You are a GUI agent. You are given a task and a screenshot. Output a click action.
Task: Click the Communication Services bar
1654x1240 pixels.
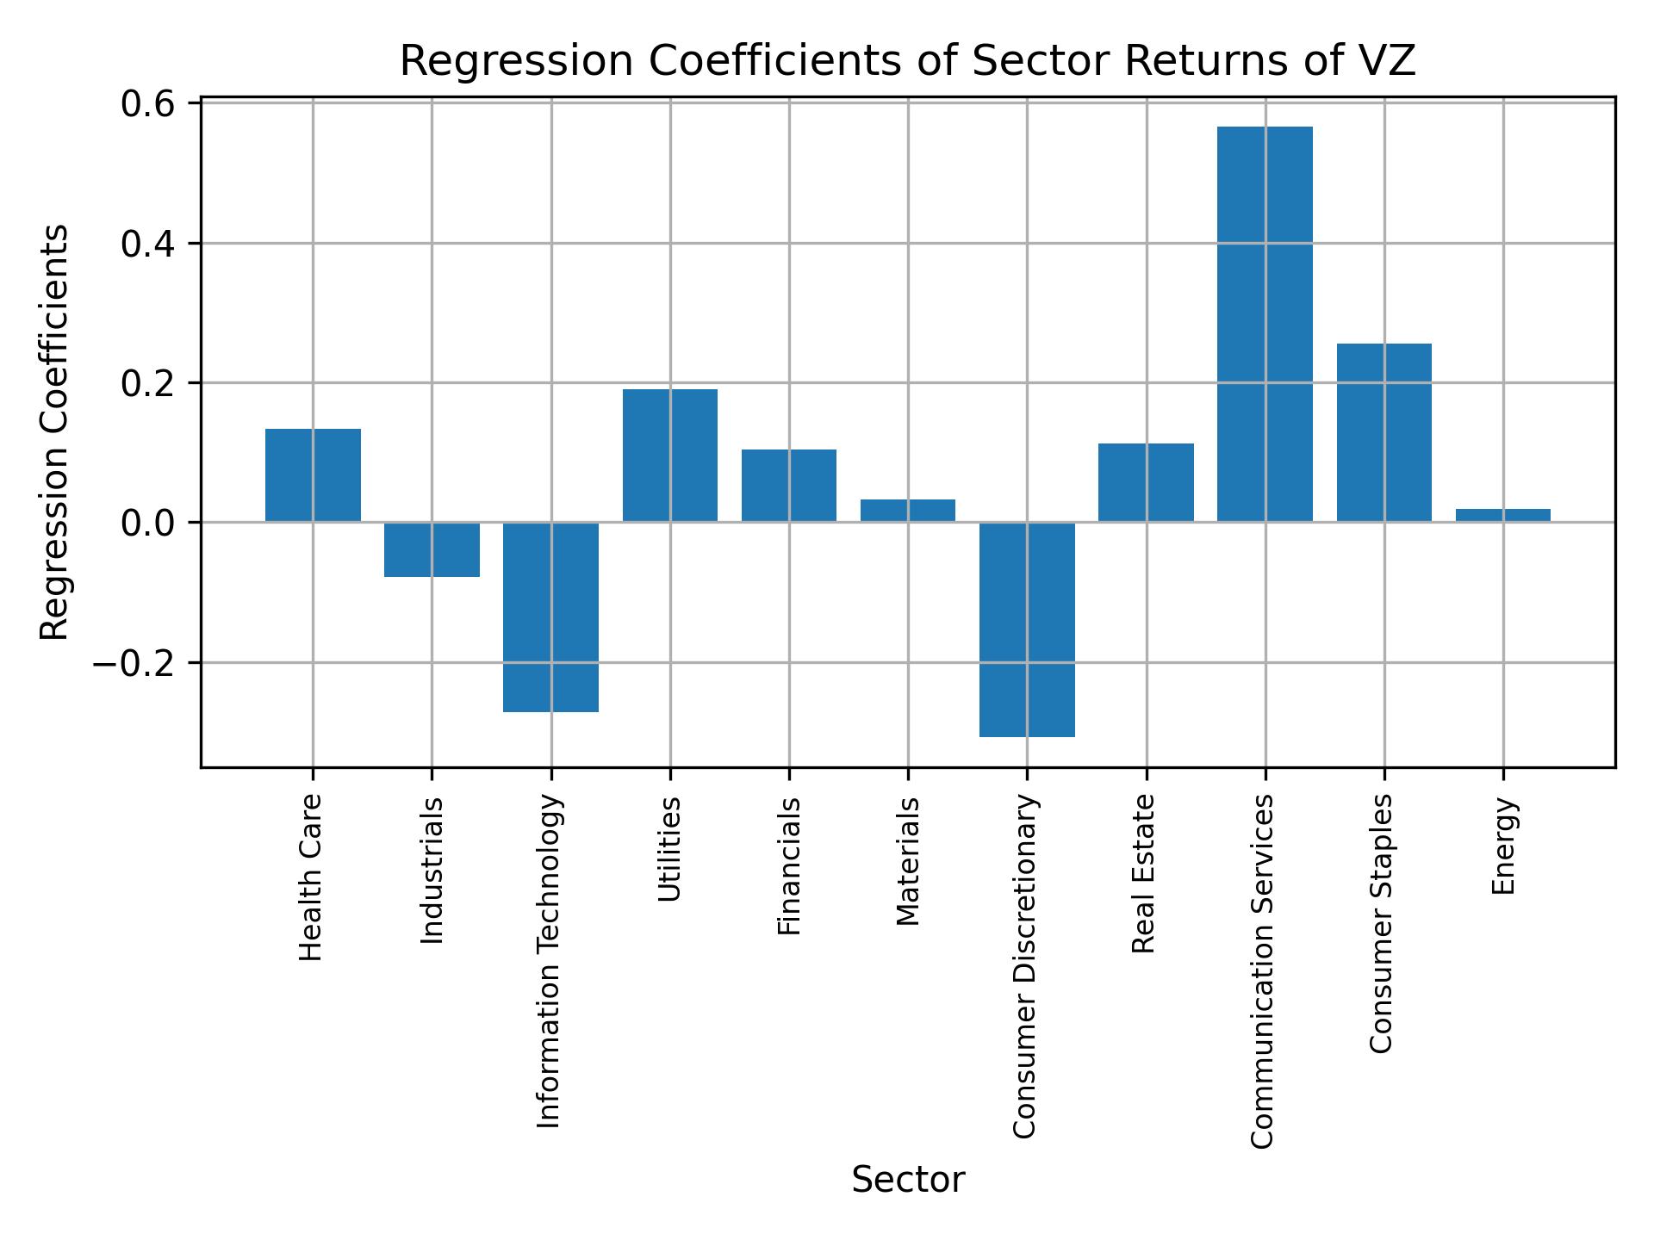click(x=1265, y=324)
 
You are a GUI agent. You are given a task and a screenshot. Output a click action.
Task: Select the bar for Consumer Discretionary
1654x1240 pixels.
click(x=1027, y=629)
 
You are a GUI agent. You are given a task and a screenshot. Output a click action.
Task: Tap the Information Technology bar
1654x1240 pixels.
click(x=550, y=617)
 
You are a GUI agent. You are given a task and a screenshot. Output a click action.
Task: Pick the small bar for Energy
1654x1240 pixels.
click(x=1502, y=515)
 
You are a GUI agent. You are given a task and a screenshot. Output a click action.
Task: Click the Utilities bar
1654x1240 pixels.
click(x=670, y=456)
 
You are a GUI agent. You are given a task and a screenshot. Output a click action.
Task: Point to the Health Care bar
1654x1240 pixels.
click(x=313, y=475)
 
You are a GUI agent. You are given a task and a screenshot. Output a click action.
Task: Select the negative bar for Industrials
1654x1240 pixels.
click(x=432, y=549)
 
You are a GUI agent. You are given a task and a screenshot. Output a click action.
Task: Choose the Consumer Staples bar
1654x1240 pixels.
click(x=1384, y=432)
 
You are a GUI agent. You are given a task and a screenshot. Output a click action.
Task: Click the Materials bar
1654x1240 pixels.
click(x=908, y=511)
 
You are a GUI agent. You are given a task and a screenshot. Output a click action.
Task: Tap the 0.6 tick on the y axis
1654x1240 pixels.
click(x=148, y=104)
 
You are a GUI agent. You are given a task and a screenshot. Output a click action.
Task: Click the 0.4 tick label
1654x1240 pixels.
click(x=148, y=245)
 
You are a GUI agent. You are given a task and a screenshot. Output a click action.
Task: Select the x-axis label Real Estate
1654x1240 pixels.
click(x=1143, y=874)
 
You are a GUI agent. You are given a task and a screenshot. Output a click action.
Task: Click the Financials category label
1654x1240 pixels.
click(x=789, y=866)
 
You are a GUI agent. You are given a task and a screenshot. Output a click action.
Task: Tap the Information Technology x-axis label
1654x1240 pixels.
click(x=550, y=961)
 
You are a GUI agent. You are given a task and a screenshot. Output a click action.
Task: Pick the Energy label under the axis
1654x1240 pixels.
click(x=1503, y=846)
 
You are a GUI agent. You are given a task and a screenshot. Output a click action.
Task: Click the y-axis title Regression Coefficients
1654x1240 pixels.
click(x=55, y=432)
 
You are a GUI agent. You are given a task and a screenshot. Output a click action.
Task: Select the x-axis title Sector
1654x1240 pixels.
click(x=908, y=1180)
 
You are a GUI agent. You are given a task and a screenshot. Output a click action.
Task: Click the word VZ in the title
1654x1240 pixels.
click(x=1389, y=62)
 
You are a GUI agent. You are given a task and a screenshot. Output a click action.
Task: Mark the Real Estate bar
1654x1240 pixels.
click(x=1146, y=482)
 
